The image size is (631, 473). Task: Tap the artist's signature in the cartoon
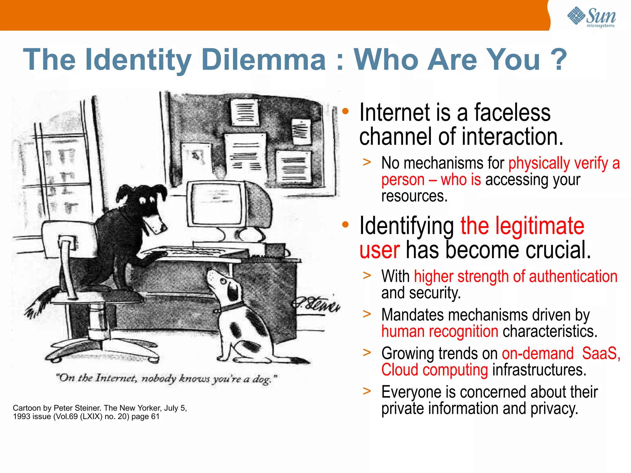pyautogui.click(x=316, y=304)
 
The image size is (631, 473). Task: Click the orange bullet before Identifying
pyautogui.click(x=345, y=225)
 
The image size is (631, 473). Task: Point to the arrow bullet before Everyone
pyautogui.click(x=367, y=391)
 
